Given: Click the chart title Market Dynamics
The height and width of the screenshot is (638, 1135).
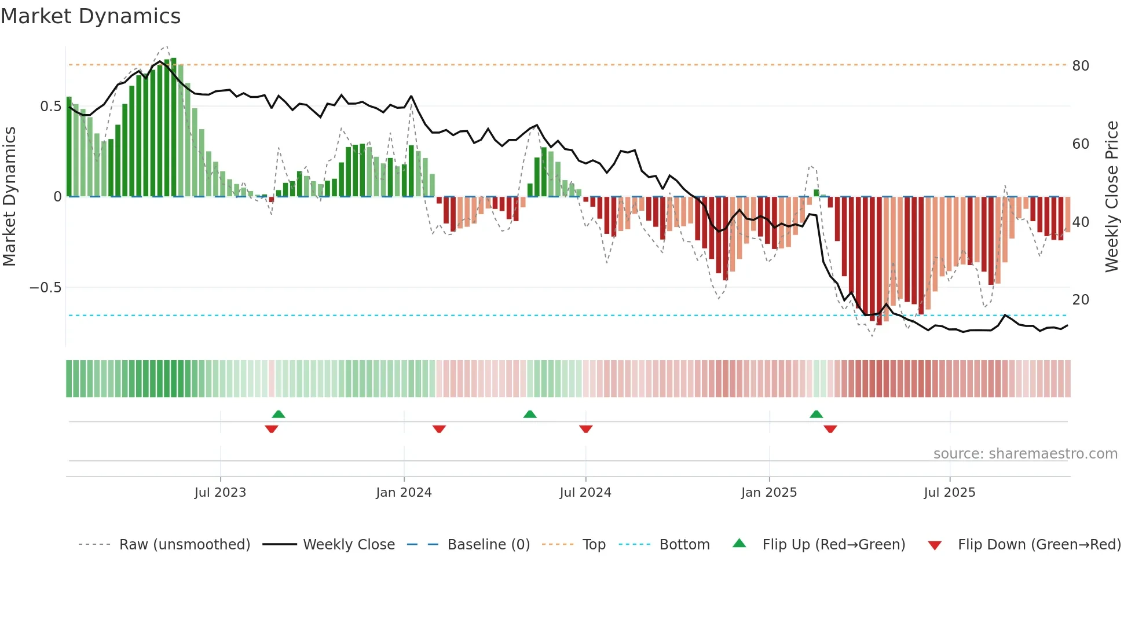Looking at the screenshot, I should point(90,16).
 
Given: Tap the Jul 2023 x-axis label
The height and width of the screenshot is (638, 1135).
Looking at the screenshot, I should point(220,493).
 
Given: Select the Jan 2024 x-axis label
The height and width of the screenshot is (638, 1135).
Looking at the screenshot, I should point(404,493).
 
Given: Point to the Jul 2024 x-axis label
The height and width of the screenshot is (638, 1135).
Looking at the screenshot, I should point(585,493).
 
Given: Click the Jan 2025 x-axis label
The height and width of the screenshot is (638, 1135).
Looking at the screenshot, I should point(769,493).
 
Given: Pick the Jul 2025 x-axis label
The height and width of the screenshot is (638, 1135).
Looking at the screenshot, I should point(949,493).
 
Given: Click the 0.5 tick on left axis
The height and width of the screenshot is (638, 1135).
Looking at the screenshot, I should point(50,107).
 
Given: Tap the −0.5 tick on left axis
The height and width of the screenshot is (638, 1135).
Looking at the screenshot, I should point(45,288).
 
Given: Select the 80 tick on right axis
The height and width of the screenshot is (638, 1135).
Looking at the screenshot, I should point(1081,66).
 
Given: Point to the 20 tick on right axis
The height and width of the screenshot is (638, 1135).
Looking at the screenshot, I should point(1081,300).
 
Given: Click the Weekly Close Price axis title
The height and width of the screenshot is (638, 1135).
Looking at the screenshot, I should point(1112,197).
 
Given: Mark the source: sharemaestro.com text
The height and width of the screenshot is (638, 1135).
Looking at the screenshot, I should point(1025,454).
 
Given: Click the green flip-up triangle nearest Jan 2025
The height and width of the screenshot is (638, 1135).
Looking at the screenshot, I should point(816,414).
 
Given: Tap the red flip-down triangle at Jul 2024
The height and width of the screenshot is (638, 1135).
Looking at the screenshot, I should point(585,429).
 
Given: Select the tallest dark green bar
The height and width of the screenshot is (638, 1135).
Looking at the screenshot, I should point(173,127).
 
